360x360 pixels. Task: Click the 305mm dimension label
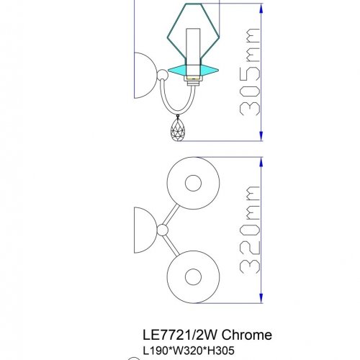point(249,72)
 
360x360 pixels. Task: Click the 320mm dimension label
point(249,228)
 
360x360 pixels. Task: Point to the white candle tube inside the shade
point(194,46)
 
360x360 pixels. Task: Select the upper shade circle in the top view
point(192,183)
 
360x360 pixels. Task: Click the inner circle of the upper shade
point(192,183)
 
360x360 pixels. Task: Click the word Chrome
point(246,335)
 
